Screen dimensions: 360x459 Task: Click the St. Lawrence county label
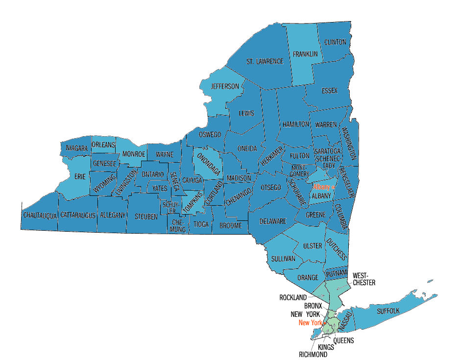(x=265, y=62)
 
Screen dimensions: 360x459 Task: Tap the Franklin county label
(x=305, y=54)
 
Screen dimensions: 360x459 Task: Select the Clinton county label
(x=335, y=42)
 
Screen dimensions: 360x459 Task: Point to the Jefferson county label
(x=225, y=87)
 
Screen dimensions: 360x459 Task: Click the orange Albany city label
(x=322, y=188)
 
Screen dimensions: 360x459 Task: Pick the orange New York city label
(x=311, y=323)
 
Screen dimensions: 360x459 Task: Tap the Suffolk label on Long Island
(x=388, y=311)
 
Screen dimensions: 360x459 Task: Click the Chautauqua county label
(x=40, y=215)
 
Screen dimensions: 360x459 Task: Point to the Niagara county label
(x=76, y=148)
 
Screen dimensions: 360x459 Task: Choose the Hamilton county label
(x=295, y=124)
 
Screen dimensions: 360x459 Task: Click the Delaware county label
(x=273, y=221)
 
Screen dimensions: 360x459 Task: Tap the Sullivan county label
(x=283, y=258)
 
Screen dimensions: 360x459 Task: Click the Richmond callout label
(x=313, y=354)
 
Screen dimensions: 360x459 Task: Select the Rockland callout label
(x=293, y=297)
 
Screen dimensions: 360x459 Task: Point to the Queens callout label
(x=343, y=340)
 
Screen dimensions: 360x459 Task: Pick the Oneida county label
(x=247, y=149)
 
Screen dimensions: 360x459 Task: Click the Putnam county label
(x=337, y=272)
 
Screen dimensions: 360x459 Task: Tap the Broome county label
(x=231, y=225)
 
